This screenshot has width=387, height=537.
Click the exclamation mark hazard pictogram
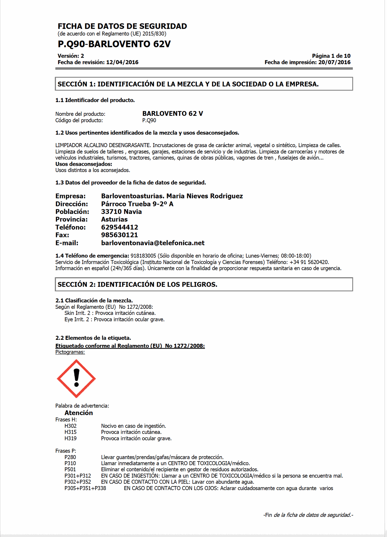coord(76,379)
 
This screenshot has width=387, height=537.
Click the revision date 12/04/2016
coord(122,62)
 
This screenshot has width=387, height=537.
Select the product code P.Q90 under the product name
coord(149,121)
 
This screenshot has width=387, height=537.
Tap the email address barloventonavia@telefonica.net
coord(153,243)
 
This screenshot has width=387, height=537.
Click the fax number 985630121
coord(119,235)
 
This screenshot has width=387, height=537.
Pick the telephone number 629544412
coord(119,227)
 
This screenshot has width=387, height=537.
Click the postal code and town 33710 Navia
coord(121,212)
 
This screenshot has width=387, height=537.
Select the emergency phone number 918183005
coord(143,256)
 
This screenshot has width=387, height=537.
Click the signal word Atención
coord(79,413)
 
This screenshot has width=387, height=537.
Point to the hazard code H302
coord(70,426)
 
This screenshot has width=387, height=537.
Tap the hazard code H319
coord(70,439)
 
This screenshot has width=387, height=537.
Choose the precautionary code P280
coord(70,457)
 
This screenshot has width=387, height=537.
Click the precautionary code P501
coord(70,470)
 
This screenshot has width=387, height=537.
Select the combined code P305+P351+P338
coord(85,488)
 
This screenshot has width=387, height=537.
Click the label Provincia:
coord(71,220)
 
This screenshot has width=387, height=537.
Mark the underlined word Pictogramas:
coord(70,352)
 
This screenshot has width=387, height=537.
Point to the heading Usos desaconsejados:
coord(84,164)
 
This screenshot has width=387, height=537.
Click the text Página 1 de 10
coord(331,56)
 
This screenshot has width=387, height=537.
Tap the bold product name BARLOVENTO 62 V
coord(173,114)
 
